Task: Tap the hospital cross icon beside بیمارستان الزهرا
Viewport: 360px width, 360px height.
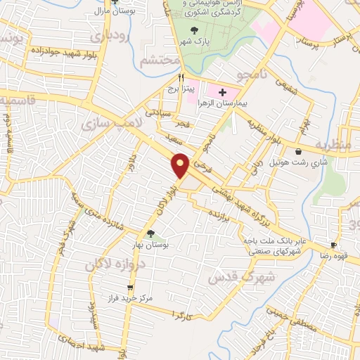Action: pos(223,91)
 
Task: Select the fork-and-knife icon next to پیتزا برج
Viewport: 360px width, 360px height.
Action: pos(181,78)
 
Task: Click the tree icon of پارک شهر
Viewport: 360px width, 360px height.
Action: pos(195,28)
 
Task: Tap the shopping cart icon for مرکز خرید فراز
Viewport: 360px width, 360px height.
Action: pos(129,288)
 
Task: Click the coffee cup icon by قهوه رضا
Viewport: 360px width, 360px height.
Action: pos(335,246)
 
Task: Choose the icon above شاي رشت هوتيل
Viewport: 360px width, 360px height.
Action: pos(300,151)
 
